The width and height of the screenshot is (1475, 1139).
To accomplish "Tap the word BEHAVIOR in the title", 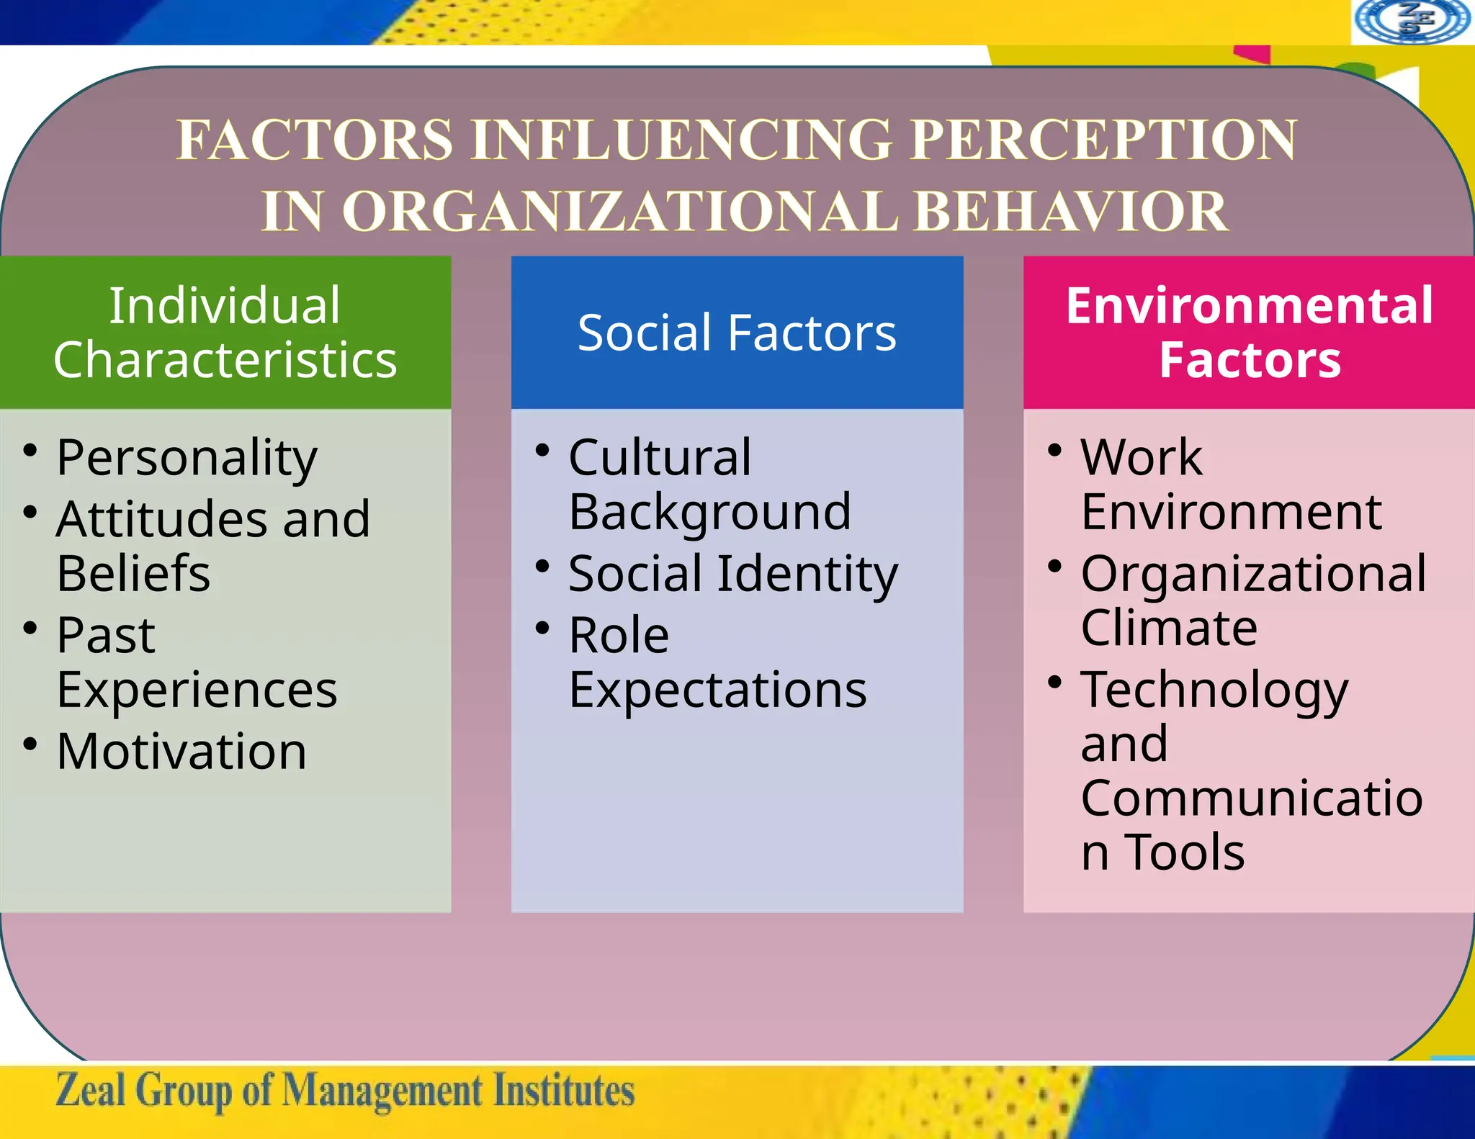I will [1070, 211].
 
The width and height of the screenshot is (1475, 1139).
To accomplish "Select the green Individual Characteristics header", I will [225, 332].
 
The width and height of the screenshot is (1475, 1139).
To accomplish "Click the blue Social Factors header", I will [737, 333].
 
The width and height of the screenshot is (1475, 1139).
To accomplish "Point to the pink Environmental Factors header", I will [1250, 332].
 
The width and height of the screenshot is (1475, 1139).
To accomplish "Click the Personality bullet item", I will [187, 457].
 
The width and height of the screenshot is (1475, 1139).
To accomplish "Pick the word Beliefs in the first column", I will [133, 574].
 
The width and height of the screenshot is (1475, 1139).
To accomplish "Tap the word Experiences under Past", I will [197, 690].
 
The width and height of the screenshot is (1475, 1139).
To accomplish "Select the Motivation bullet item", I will [181, 752].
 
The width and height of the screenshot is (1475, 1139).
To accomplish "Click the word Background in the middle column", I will [709, 512].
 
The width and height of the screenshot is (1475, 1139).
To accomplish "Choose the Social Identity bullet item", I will [732, 574].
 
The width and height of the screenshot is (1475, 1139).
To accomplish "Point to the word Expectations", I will [717, 690].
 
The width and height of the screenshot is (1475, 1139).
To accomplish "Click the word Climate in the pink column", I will [1169, 628].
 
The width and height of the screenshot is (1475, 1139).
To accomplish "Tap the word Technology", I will [1214, 690].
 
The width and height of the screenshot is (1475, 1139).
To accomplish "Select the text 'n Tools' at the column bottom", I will [1162, 852].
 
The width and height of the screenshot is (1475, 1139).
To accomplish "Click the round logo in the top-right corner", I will [1412, 21].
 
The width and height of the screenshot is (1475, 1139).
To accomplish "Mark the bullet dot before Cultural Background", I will [542, 451].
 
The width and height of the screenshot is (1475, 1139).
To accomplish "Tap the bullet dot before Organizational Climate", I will [1055, 567].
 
